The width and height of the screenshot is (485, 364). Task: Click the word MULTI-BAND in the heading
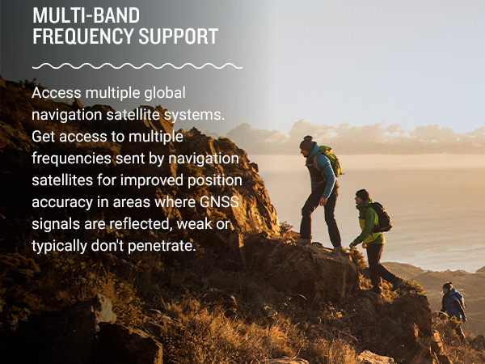(x=86, y=15)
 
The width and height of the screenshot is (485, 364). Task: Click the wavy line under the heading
(x=137, y=66)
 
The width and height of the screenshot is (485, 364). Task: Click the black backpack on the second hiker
(x=381, y=218)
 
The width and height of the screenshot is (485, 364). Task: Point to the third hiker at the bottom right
(x=453, y=304)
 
